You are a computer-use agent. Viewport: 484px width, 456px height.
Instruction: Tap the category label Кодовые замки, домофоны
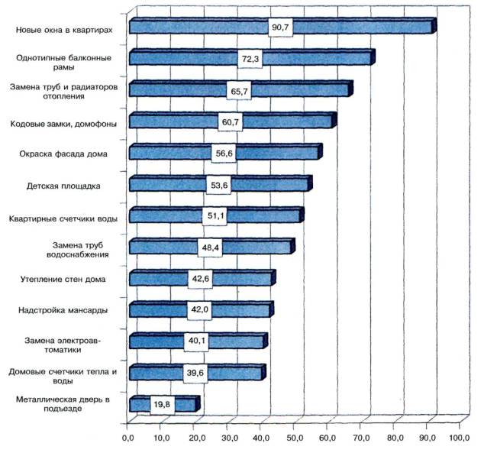[x=64, y=122]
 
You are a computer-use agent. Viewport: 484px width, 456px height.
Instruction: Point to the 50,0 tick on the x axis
[x=294, y=439]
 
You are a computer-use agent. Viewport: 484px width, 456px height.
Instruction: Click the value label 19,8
[x=161, y=404]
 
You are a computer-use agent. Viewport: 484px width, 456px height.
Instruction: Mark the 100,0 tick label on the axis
[x=460, y=439]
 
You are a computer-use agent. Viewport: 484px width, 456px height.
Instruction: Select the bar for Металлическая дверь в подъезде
[x=141, y=404]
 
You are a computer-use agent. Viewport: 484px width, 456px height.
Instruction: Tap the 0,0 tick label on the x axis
[x=127, y=439]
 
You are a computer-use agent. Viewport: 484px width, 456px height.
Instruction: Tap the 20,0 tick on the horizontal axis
[x=194, y=439]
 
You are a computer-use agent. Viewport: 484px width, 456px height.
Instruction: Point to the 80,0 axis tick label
[x=393, y=439]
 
